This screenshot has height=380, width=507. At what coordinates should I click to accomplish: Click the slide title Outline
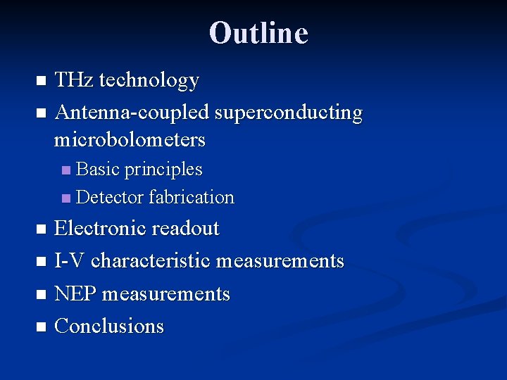click(258, 33)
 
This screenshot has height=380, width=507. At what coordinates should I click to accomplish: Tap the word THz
click(74, 80)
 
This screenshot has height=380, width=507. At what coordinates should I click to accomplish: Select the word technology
click(149, 81)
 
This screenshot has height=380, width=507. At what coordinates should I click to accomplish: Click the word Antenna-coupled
click(132, 113)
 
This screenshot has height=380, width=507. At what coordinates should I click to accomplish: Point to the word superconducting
click(289, 113)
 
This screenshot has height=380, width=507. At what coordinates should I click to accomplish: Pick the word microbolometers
click(130, 139)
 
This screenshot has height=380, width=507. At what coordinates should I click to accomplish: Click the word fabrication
click(192, 197)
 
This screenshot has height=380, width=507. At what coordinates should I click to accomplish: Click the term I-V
click(70, 261)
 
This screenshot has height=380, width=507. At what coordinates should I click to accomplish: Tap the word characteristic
click(151, 261)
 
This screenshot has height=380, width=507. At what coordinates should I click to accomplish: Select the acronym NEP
click(75, 293)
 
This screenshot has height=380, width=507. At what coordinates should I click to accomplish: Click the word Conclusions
click(109, 326)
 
